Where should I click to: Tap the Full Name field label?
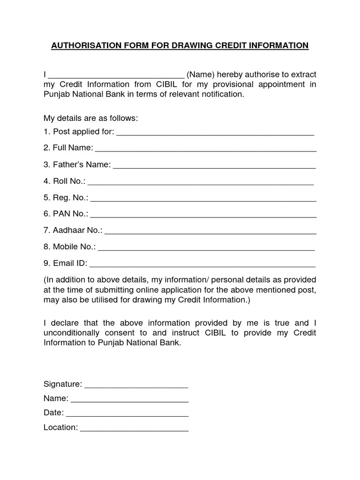[68, 148]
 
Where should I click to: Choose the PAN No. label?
[66, 214]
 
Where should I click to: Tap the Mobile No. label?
[69, 247]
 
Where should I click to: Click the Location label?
[60, 427]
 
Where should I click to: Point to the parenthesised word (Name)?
[201, 75]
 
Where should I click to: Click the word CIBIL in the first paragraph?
[164, 84]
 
